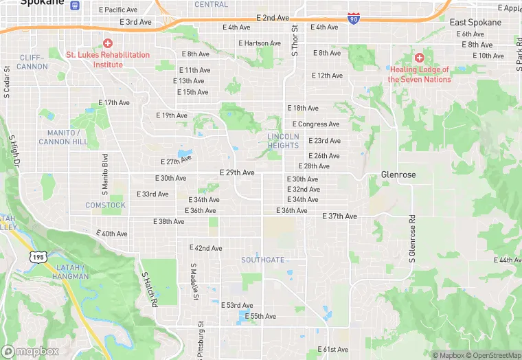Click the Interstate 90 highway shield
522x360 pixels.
point(353,18)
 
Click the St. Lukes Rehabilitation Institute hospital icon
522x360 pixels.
point(108,43)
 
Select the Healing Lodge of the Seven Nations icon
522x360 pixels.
point(419,57)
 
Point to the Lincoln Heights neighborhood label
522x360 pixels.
point(283,141)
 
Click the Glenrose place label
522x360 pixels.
point(398,175)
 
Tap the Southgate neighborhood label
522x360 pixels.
point(262,260)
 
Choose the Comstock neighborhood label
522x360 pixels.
point(105,205)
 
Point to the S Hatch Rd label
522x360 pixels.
point(150,289)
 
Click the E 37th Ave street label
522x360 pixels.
point(340,216)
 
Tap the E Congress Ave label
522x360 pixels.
point(316,124)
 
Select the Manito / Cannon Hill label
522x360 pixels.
point(63,137)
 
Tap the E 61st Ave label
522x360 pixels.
point(333,350)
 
